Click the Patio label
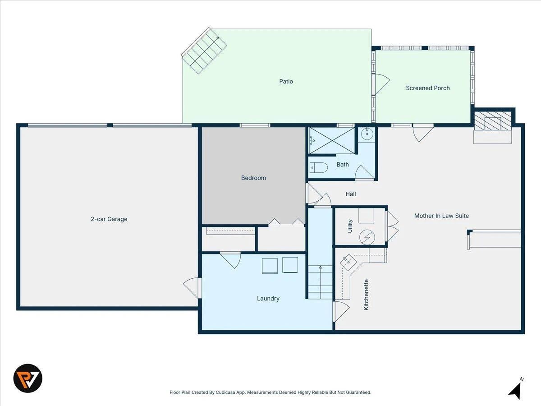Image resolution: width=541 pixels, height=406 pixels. tap(286, 81)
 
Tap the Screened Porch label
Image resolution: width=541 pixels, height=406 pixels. tap(428, 88)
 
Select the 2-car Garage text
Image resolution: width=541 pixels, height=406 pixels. tap(109, 219)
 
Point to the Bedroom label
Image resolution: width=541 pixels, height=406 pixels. tap(253, 178)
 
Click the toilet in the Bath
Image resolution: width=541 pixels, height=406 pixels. tap(318, 168)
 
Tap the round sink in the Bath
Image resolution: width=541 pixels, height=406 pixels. tap(367, 134)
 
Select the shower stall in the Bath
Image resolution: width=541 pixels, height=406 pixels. tap(332, 140)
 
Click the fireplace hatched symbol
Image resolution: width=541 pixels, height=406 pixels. tap(493, 121)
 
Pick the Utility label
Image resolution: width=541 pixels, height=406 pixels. tap(350, 226)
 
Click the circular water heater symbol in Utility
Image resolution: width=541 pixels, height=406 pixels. tap(367, 237)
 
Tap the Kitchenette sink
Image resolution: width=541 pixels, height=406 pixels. tap(348, 262)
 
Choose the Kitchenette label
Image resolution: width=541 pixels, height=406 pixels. tap(366, 295)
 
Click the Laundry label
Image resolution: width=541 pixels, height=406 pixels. tap(268, 299)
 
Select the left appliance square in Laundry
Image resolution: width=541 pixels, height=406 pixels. tap(270, 266)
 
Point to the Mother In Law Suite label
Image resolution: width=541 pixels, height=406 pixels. tap(441, 216)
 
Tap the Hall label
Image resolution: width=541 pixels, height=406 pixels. tap(350, 194)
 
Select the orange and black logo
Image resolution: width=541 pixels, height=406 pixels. tap(28, 378)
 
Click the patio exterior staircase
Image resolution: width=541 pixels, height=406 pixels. tap(204, 51)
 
